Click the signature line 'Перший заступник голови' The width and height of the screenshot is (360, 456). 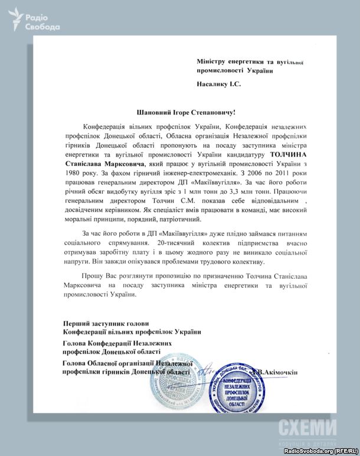103,323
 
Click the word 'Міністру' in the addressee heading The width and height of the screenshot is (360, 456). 215,61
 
